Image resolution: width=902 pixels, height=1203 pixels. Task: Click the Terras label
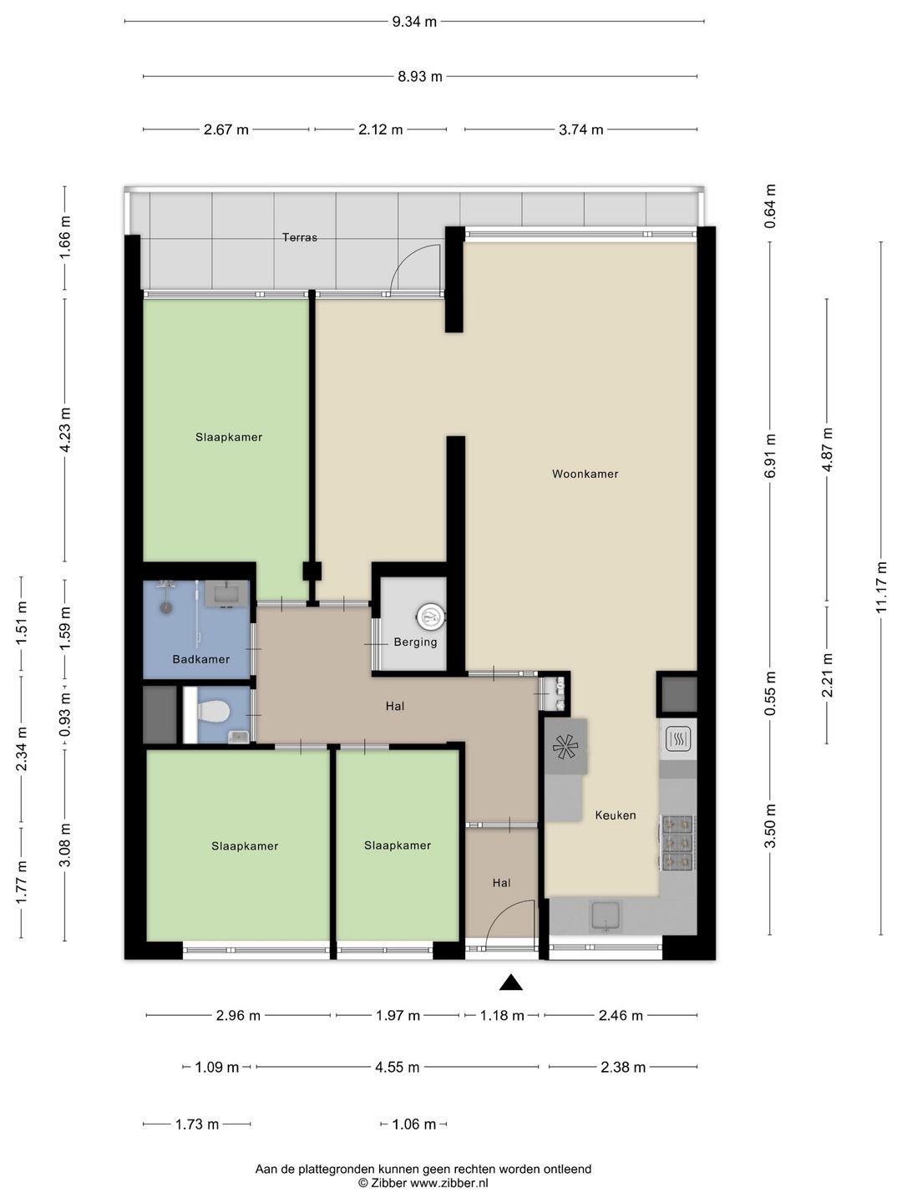coord(300,237)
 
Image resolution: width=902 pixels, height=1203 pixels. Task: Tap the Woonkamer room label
coord(585,474)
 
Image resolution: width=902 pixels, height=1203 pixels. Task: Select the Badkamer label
coord(201,659)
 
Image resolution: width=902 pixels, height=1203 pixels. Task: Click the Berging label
coord(415,642)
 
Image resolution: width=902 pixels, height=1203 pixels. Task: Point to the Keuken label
coord(616,815)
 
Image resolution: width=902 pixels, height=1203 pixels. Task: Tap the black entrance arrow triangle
coord(510,982)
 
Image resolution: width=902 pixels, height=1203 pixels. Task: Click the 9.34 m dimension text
coord(414,22)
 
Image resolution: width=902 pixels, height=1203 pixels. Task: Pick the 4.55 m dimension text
coord(397,1067)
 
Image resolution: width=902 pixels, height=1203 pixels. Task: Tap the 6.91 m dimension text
coord(771,455)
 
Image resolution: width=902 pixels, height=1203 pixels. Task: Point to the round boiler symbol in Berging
coord(430,617)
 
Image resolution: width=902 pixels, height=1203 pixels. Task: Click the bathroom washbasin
coord(227,593)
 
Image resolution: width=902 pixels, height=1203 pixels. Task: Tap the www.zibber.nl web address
coord(449,1183)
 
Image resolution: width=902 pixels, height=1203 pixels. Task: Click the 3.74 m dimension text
coord(580,129)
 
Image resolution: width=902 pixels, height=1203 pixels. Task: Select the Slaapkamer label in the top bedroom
coord(229,438)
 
